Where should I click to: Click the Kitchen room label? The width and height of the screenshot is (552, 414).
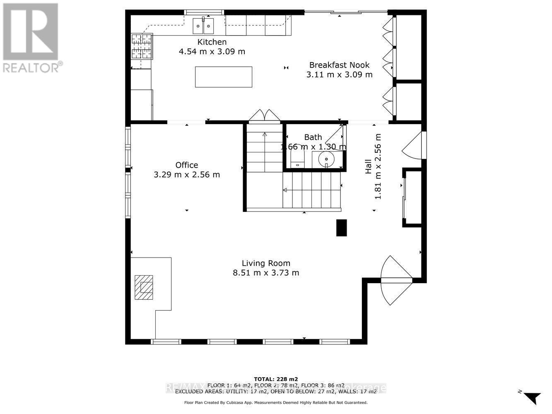click(212, 42)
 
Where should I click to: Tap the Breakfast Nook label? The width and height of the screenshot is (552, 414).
click(339, 65)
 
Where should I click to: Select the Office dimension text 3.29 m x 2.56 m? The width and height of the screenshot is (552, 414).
click(187, 175)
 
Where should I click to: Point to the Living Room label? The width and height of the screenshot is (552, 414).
click(266, 263)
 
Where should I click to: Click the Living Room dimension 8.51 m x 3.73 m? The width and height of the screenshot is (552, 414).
click(266, 273)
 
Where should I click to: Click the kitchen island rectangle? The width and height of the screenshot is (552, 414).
click(224, 77)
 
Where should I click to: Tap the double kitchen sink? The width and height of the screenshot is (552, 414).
click(203, 26)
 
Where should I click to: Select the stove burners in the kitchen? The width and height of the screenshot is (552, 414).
click(142, 46)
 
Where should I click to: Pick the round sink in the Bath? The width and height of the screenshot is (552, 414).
click(327, 159)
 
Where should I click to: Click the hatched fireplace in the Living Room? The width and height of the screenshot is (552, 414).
click(144, 287)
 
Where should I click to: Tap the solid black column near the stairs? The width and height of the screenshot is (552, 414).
click(341, 228)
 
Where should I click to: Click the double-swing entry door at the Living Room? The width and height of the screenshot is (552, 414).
click(396, 281)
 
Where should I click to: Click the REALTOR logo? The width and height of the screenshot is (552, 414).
click(31, 37)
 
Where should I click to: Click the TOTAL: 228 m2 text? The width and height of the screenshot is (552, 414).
click(275, 379)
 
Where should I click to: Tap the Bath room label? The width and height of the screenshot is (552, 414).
click(313, 137)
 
